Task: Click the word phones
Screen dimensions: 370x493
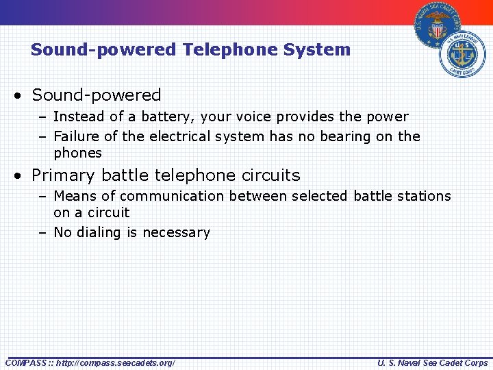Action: pyautogui.click(x=77, y=153)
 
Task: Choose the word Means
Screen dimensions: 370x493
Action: pyautogui.click(x=75, y=196)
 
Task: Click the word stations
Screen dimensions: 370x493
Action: pyautogui.click(x=425, y=196)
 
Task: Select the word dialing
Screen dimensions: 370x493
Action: pyautogui.click(x=104, y=232)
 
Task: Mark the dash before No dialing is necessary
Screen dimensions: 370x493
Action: pyautogui.click(x=42, y=233)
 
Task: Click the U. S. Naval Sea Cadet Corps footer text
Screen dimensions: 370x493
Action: pyautogui.click(x=432, y=362)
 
